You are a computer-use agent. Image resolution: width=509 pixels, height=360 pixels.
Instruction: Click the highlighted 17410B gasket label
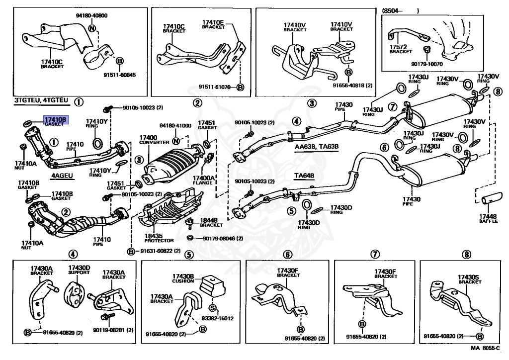(56, 121)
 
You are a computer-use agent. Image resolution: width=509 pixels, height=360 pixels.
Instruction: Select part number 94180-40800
(92, 15)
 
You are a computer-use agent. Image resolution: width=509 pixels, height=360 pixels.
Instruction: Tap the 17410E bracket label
(213, 24)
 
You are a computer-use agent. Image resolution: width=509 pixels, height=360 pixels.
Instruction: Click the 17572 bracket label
(401, 49)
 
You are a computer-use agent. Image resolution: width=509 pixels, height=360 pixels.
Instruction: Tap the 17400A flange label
(203, 180)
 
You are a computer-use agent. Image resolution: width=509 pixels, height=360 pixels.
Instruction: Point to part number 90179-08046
(219, 239)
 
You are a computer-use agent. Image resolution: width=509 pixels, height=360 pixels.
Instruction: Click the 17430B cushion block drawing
(212, 285)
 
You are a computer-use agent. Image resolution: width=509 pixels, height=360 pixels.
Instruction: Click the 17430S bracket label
(469, 279)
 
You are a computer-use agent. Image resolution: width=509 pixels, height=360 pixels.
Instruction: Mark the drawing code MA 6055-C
(486, 348)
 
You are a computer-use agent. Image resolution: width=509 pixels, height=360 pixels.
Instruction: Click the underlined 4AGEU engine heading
(62, 176)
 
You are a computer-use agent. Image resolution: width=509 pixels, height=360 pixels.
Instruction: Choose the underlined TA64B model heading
(304, 176)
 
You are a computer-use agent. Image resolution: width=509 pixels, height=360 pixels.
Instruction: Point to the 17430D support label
(79, 270)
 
